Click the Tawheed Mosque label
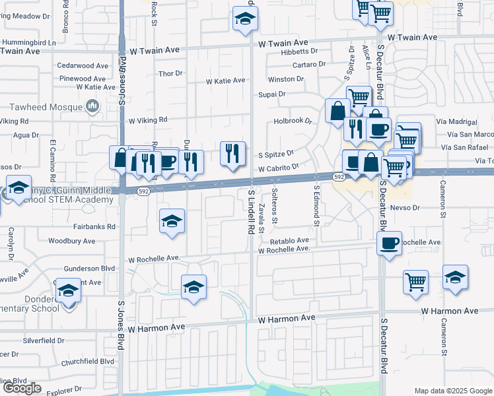47,107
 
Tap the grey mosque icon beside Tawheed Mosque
92,106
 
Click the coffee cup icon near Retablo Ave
390,243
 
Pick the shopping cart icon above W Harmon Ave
415,281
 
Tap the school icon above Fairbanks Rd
172,221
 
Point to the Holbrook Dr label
293,121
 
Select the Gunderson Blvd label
89,269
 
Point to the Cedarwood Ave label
83,66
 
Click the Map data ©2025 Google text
452,391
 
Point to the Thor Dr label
170,73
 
